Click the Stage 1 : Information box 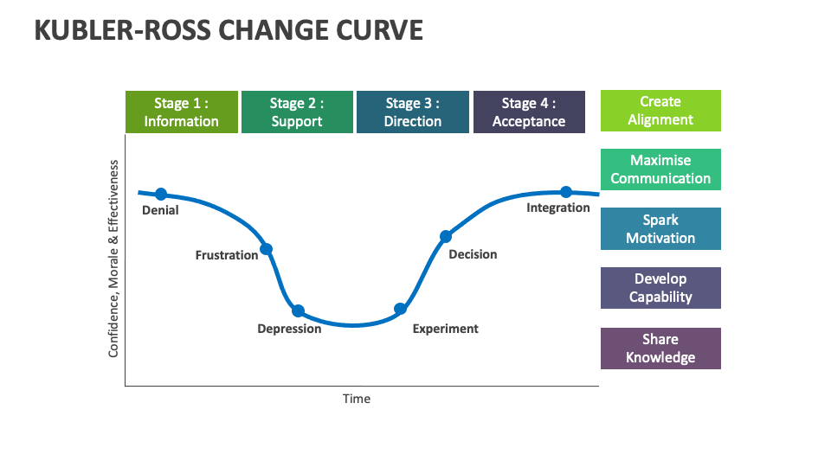[181, 112]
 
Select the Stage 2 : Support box [297, 112]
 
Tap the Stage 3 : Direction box [413, 112]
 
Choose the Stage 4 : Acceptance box [528, 112]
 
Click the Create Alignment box [660, 111]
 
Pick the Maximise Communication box [660, 170]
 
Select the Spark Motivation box [660, 229]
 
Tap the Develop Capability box [660, 288]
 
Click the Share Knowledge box [660, 349]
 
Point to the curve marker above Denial [161, 194]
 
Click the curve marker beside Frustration [267, 249]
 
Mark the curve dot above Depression [298, 310]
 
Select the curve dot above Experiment [400, 309]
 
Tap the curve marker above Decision [446, 236]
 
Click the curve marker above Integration [566, 192]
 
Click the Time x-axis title [356, 399]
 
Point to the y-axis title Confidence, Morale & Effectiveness [113, 259]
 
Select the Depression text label [289, 329]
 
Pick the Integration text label [558, 208]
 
